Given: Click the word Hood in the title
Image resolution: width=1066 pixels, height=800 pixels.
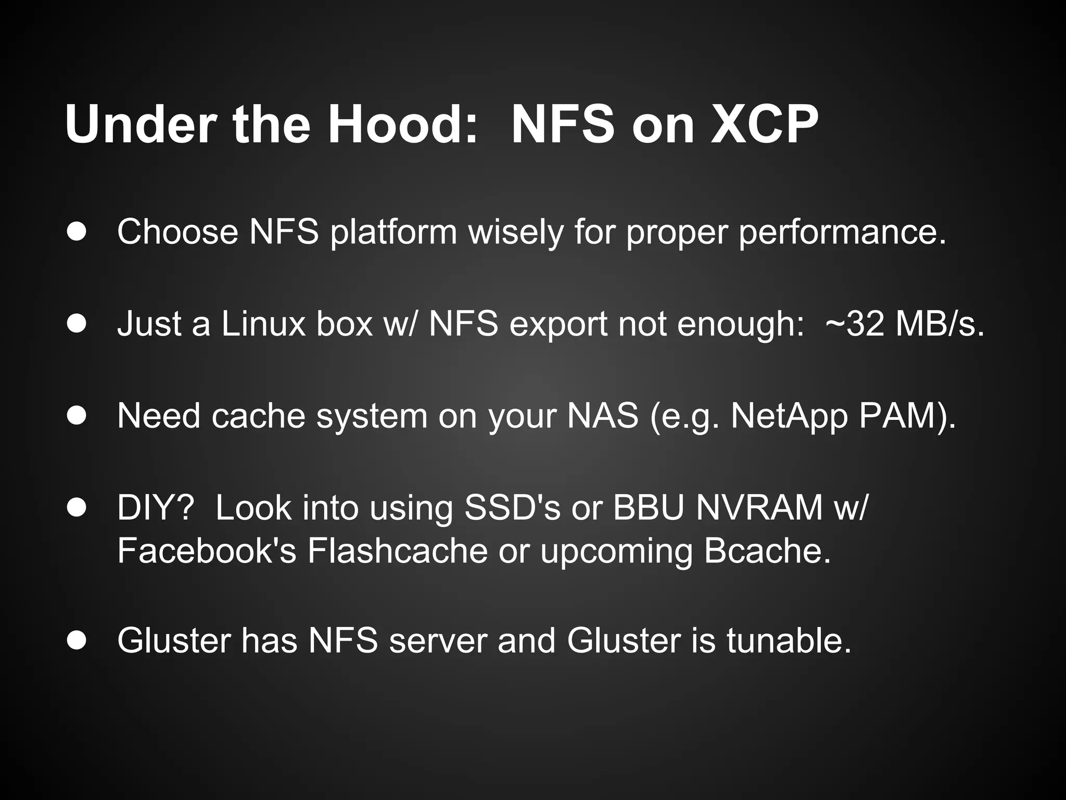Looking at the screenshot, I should tap(401, 125).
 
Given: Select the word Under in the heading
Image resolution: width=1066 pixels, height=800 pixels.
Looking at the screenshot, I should tap(141, 125).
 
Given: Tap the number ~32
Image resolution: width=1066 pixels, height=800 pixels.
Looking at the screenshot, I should tap(854, 324).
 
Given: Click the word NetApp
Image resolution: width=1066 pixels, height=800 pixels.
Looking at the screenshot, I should tap(789, 417).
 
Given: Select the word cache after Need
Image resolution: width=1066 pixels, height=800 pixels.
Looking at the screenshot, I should tap(258, 416).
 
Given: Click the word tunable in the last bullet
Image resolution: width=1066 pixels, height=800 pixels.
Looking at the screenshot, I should tap(788, 640).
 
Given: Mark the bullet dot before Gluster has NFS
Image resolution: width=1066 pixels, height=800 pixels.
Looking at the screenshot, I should tap(77, 641).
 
